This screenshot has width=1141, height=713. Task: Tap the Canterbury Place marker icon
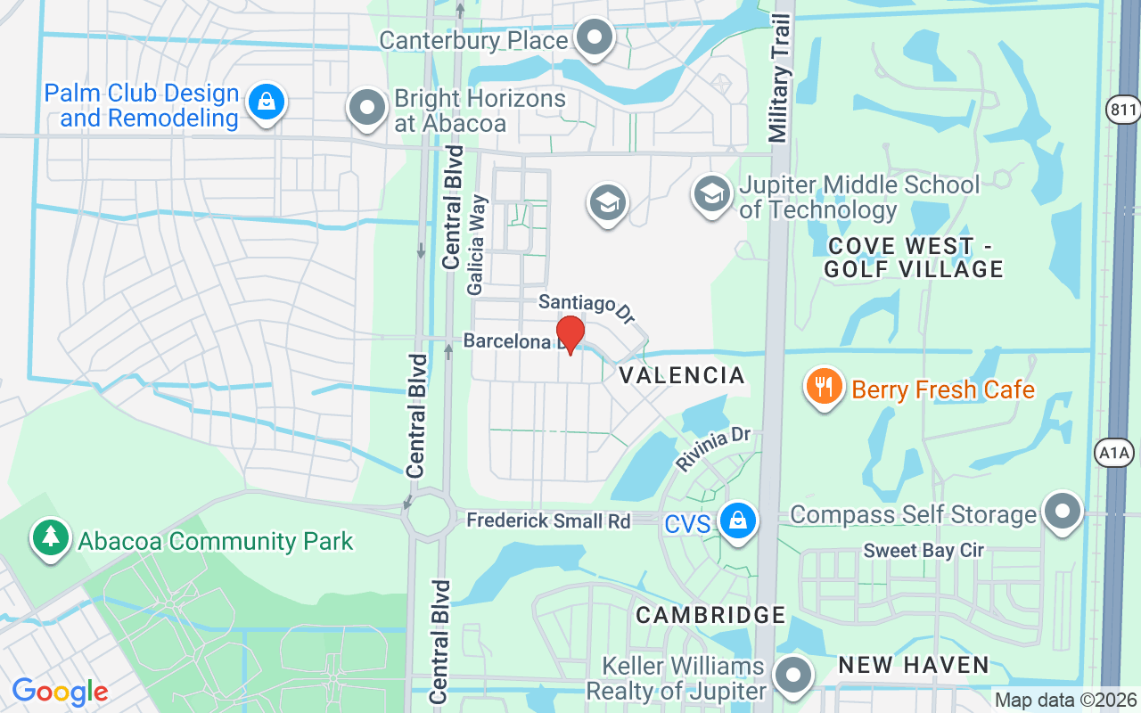point(595,38)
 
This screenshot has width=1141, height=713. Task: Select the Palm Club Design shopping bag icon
point(266,102)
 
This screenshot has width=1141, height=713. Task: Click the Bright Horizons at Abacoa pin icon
point(366,108)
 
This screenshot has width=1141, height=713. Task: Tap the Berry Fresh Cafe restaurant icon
point(825,387)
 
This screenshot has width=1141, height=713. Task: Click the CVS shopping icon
point(737,520)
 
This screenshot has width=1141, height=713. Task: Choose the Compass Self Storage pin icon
point(1062,512)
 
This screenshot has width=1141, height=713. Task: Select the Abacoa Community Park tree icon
point(51,537)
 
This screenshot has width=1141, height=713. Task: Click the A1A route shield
point(1114,454)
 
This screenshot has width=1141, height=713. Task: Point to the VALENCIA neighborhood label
point(681,375)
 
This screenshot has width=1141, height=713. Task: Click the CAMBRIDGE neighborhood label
point(710,615)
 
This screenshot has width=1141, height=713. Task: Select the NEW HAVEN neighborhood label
point(914,665)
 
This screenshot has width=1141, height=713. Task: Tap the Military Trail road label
point(777,78)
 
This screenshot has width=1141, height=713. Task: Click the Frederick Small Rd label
point(548,520)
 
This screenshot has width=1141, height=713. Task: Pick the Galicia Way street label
point(477,244)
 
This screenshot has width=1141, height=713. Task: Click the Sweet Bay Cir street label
point(923,551)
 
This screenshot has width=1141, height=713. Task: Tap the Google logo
point(60,692)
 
